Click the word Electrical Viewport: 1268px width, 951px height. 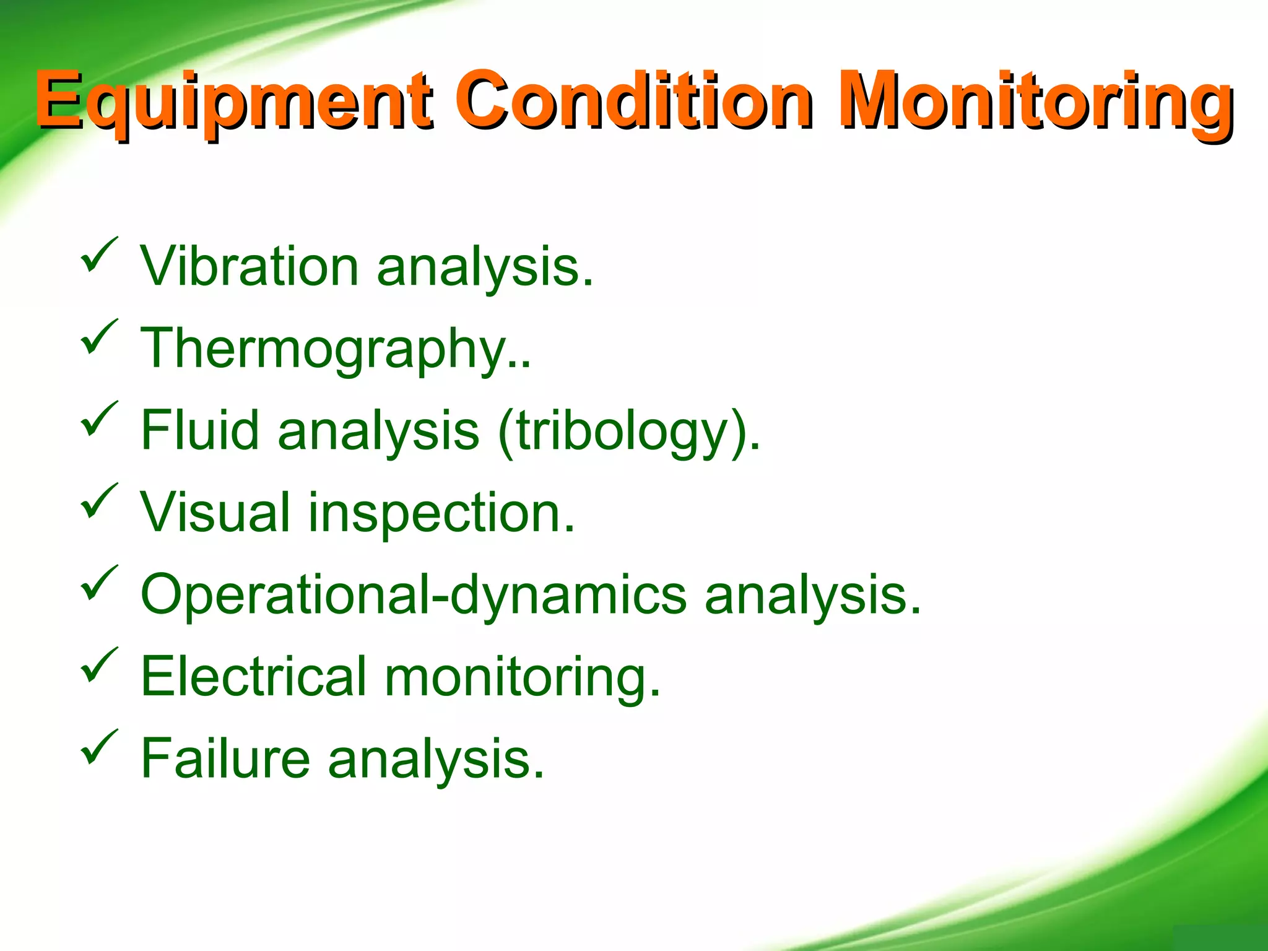point(254,676)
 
